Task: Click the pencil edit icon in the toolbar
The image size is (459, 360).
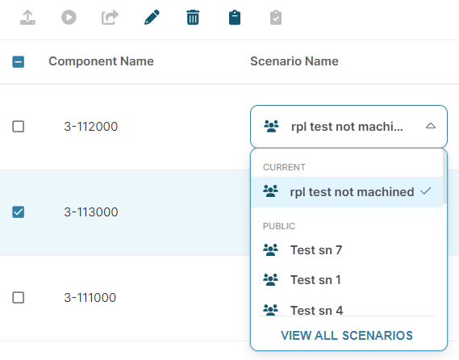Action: pyautogui.click(x=152, y=17)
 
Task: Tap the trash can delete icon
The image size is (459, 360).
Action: pyautogui.click(x=193, y=17)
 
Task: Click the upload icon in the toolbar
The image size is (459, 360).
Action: pyautogui.click(x=27, y=17)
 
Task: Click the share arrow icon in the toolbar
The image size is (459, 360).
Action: pyautogui.click(x=110, y=17)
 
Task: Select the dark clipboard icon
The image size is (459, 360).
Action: pyautogui.click(x=235, y=18)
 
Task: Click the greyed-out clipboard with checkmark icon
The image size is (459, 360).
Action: pyautogui.click(x=276, y=18)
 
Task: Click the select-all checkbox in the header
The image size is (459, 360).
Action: pyautogui.click(x=18, y=62)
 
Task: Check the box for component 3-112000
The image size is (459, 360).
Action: pyautogui.click(x=18, y=127)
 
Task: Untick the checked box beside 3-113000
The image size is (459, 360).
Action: pyautogui.click(x=18, y=211)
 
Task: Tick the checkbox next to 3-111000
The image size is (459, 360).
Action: pyautogui.click(x=18, y=298)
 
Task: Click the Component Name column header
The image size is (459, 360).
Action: pyautogui.click(x=101, y=61)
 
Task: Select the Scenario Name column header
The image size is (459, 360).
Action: pyautogui.click(x=294, y=61)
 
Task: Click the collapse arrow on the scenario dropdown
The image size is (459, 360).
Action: pyautogui.click(x=431, y=126)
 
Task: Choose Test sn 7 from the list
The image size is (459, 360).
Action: pyautogui.click(x=316, y=250)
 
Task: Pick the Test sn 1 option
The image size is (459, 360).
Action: pyautogui.click(x=315, y=280)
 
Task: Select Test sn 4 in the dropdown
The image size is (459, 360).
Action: pyautogui.click(x=316, y=310)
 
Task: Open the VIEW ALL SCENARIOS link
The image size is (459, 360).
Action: pyautogui.click(x=347, y=336)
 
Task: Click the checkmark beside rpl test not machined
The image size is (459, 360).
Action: pyautogui.click(x=425, y=191)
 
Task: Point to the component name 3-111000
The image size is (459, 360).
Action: pyautogui.click(x=90, y=298)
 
